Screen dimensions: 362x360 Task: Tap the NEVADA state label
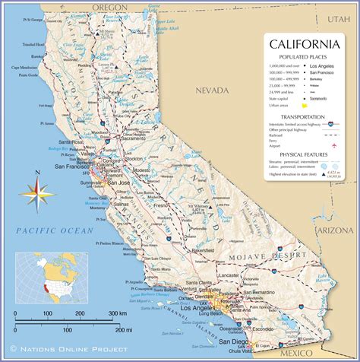point(212,90)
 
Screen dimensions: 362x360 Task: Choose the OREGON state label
point(109,7)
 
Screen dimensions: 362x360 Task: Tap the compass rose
point(31,193)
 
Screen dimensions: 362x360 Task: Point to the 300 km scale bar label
point(115,313)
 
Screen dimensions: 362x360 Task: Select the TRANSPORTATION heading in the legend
point(303,117)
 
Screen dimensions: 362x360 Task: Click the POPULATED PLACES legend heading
point(303,58)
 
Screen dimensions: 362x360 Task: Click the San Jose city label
point(118,183)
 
